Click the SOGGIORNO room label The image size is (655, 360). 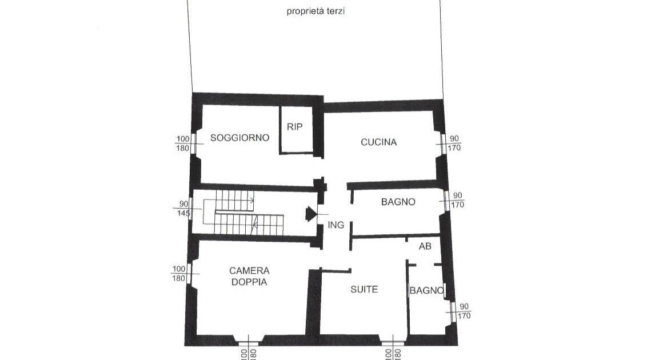tap(240, 137)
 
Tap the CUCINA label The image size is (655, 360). tap(378, 142)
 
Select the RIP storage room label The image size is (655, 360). tap(294, 126)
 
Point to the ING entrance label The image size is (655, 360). tap(336, 225)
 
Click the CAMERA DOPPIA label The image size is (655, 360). tap(249, 277)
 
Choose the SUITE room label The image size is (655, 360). tap(364, 289)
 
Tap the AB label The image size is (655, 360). tap(425, 246)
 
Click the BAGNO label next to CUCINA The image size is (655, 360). tap(398, 202)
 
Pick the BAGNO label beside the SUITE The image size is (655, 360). tap(426, 290)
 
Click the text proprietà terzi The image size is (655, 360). tap(315, 11)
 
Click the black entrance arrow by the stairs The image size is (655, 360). tap(311, 214)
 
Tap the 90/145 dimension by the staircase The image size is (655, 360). tap(184, 209)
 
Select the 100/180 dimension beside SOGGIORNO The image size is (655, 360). tap(183, 143)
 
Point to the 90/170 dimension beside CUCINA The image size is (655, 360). tap(454, 143)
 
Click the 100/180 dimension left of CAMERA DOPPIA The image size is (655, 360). tap(179, 274)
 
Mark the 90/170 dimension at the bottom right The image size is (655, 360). tap(464, 311)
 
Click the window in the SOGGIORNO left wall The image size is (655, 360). tap(193, 143)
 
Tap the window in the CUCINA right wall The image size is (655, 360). tap(443, 144)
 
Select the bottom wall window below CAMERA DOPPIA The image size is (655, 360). tap(249, 343)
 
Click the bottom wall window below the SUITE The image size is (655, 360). tap(393, 343)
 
